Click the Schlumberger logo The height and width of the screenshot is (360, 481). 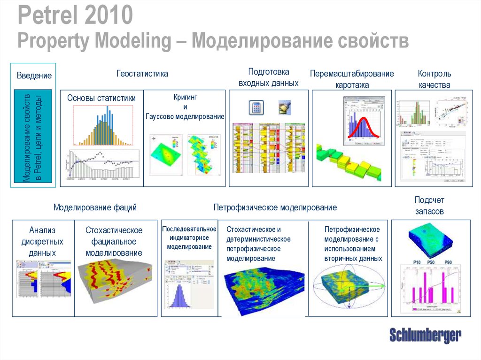[x=425, y=336]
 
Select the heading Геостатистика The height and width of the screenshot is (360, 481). [x=142, y=74]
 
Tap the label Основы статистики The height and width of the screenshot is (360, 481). [x=101, y=98]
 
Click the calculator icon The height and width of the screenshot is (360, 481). [x=256, y=107]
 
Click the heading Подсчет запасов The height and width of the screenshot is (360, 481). [x=429, y=206]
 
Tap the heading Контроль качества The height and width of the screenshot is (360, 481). [x=434, y=79]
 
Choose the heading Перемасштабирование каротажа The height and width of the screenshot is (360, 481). [x=352, y=79]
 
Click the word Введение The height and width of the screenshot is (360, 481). [x=34, y=76]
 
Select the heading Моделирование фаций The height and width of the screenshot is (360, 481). [x=95, y=207]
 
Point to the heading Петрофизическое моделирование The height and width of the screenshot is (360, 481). [x=275, y=207]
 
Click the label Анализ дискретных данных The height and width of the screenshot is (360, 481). [x=42, y=241]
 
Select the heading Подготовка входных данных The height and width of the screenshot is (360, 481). [x=268, y=77]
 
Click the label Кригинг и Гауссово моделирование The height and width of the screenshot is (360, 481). [x=185, y=107]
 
